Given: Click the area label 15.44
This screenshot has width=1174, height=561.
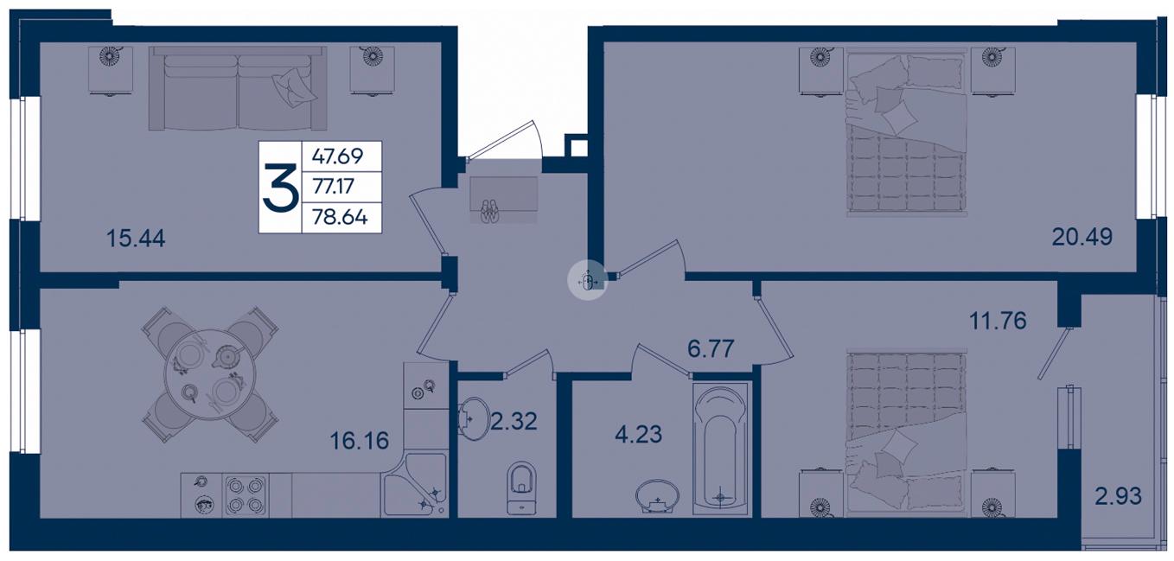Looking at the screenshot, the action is (x=136, y=239).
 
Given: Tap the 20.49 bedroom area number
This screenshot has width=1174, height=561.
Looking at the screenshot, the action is (x=1081, y=237).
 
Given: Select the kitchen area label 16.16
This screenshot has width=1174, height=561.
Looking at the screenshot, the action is (x=360, y=441).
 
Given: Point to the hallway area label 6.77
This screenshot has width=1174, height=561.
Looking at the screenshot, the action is (x=710, y=348).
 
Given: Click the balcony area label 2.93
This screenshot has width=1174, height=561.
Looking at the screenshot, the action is (x=1118, y=495).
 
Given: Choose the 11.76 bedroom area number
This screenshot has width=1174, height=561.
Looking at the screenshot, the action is (x=998, y=321).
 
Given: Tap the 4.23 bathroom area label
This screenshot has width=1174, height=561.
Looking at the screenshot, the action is (x=638, y=434).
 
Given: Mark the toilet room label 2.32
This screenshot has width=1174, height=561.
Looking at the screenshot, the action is (x=514, y=421).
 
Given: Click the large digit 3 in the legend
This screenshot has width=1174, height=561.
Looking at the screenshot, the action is (x=280, y=187).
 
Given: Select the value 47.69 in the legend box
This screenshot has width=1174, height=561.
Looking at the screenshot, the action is (x=337, y=156).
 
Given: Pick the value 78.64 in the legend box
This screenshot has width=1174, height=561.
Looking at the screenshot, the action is (x=340, y=216).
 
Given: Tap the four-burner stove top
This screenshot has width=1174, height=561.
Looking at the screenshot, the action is (x=245, y=495).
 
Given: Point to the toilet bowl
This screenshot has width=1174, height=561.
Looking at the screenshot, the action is (x=522, y=488).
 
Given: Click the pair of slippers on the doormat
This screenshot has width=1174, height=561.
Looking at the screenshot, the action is (x=490, y=212).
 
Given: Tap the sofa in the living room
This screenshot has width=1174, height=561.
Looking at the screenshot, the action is (x=238, y=88).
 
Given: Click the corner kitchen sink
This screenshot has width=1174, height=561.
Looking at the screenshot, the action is (x=414, y=484).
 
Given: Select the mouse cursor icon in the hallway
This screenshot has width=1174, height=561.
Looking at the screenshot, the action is (x=588, y=281).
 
